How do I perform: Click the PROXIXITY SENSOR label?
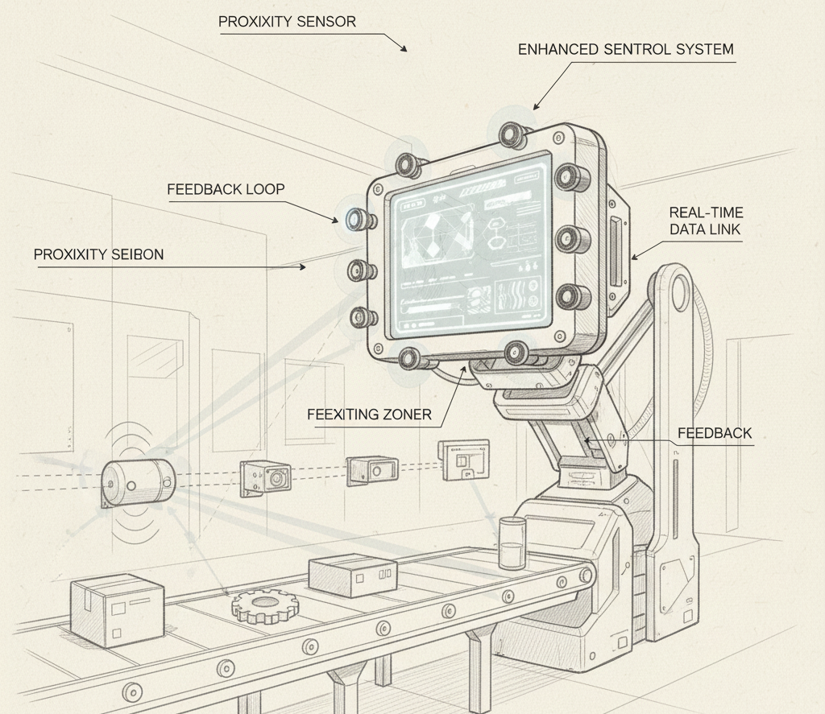(x=287, y=22)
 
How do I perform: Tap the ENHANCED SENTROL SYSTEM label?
(x=625, y=49)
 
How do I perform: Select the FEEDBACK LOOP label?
(x=226, y=190)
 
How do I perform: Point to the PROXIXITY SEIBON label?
(x=98, y=254)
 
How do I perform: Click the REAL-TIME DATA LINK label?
(x=706, y=221)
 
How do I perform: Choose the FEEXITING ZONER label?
(x=369, y=415)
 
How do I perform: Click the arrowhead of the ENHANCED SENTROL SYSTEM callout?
(x=535, y=106)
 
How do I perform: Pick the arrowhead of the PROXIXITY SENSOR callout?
(x=405, y=49)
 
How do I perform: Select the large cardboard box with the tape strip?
(x=117, y=609)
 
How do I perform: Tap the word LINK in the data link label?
(x=723, y=230)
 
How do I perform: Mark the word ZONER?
(x=407, y=415)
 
